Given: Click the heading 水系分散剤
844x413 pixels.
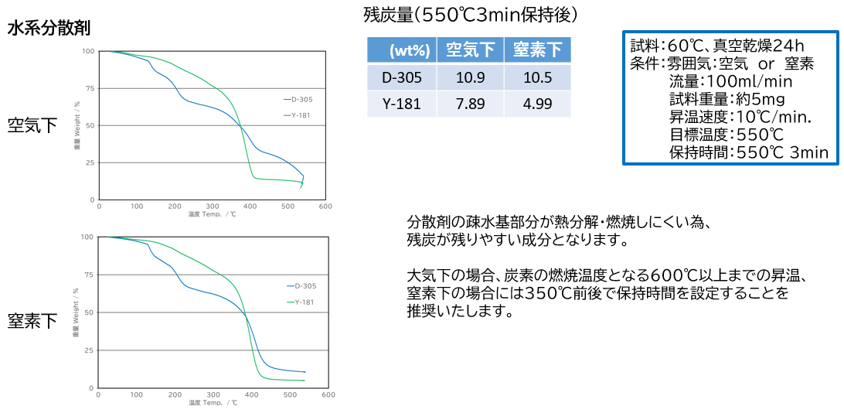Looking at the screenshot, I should [x=49, y=29].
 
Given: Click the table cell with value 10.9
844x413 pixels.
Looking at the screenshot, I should [x=470, y=77].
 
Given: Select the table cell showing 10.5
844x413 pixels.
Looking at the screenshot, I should [x=537, y=77].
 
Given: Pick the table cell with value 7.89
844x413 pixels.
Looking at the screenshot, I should [x=470, y=104].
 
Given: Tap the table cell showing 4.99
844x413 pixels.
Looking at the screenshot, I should [x=537, y=104].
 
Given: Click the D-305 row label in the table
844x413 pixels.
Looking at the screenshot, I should [x=402, y=77].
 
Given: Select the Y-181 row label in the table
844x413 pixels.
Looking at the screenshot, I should [x=402, y=104].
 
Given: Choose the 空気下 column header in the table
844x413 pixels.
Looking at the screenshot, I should [x=470, y=51].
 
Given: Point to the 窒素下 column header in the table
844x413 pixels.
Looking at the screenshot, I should [x=537, y=51].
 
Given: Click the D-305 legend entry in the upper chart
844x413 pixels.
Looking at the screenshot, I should [x=301, y=99].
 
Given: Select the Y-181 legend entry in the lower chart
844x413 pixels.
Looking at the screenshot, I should [x=304, y=302].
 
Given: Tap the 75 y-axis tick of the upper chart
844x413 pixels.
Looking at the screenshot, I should [x=90, y=88].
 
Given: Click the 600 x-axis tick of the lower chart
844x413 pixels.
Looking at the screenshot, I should [x=328, y=395].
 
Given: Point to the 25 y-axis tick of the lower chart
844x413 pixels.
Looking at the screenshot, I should [x=90, y=350].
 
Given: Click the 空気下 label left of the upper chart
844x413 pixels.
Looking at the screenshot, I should [x=32, y=125].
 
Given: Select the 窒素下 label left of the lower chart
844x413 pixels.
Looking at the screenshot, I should [x=32, y=320].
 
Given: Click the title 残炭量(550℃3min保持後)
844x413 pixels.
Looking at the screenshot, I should [x=470, y=15].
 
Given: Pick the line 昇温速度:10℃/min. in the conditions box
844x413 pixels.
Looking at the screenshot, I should [x=740, y=118].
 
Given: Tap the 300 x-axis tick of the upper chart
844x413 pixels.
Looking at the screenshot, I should [x=213, y=207].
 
